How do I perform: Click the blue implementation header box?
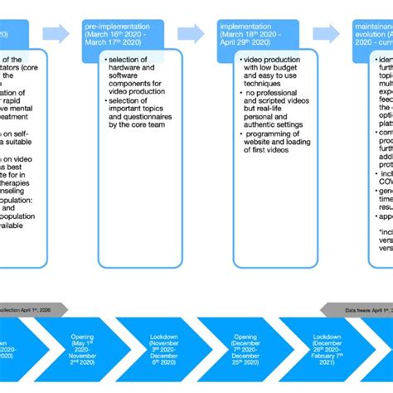pos(260,34)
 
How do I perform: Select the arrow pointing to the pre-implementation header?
pos(56,34)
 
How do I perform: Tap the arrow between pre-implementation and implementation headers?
pos(191,34)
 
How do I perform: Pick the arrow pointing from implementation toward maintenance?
pos(326,34)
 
